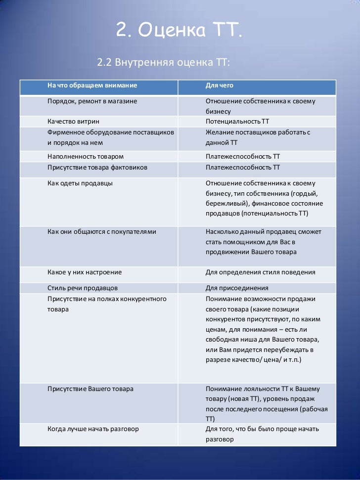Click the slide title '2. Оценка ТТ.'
pos(180,31)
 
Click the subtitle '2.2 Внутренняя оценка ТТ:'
pos(164,63)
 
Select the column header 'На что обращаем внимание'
pos(92,87)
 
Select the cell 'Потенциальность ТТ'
pos(237,121)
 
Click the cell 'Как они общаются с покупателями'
pos(102,231)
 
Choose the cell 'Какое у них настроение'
pos(85,272)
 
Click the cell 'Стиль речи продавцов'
pos(83,288)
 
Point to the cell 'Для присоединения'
pos(237,288)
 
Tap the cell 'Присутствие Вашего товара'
pos(90,389)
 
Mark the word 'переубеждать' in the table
pos(292,350)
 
